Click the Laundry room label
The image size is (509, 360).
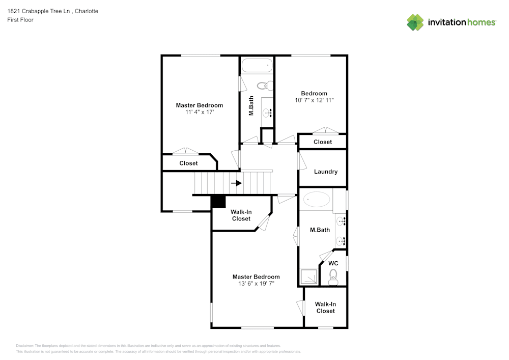coord(326,172)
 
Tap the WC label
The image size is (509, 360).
coord(333,263)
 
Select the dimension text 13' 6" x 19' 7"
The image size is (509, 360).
coord(256,284)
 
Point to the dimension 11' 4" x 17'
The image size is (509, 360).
coord(200,112)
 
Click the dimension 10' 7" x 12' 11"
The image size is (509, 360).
coord(314,100)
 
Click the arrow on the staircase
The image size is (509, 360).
coord(236,183)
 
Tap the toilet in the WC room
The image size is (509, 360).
coord(333,278)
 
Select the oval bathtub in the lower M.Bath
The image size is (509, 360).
coord(317,199)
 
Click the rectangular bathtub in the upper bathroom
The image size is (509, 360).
coord(257,65)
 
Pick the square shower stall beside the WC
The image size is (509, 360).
coord(308,277)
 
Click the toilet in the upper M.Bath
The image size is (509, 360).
coord(265,86)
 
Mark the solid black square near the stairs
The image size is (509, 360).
coord(218,201)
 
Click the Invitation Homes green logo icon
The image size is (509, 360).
coord(415,22)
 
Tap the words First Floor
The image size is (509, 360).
coord(20,20)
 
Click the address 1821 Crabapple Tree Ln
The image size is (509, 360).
coord(39,11)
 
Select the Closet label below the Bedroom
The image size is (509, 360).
coord(323,142)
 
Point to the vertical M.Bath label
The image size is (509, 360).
coord(251,105)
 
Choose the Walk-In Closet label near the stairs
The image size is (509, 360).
coord(241,215)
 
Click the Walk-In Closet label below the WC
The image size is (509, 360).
coord(326,308)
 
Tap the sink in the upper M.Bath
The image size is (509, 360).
coord(267,113)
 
